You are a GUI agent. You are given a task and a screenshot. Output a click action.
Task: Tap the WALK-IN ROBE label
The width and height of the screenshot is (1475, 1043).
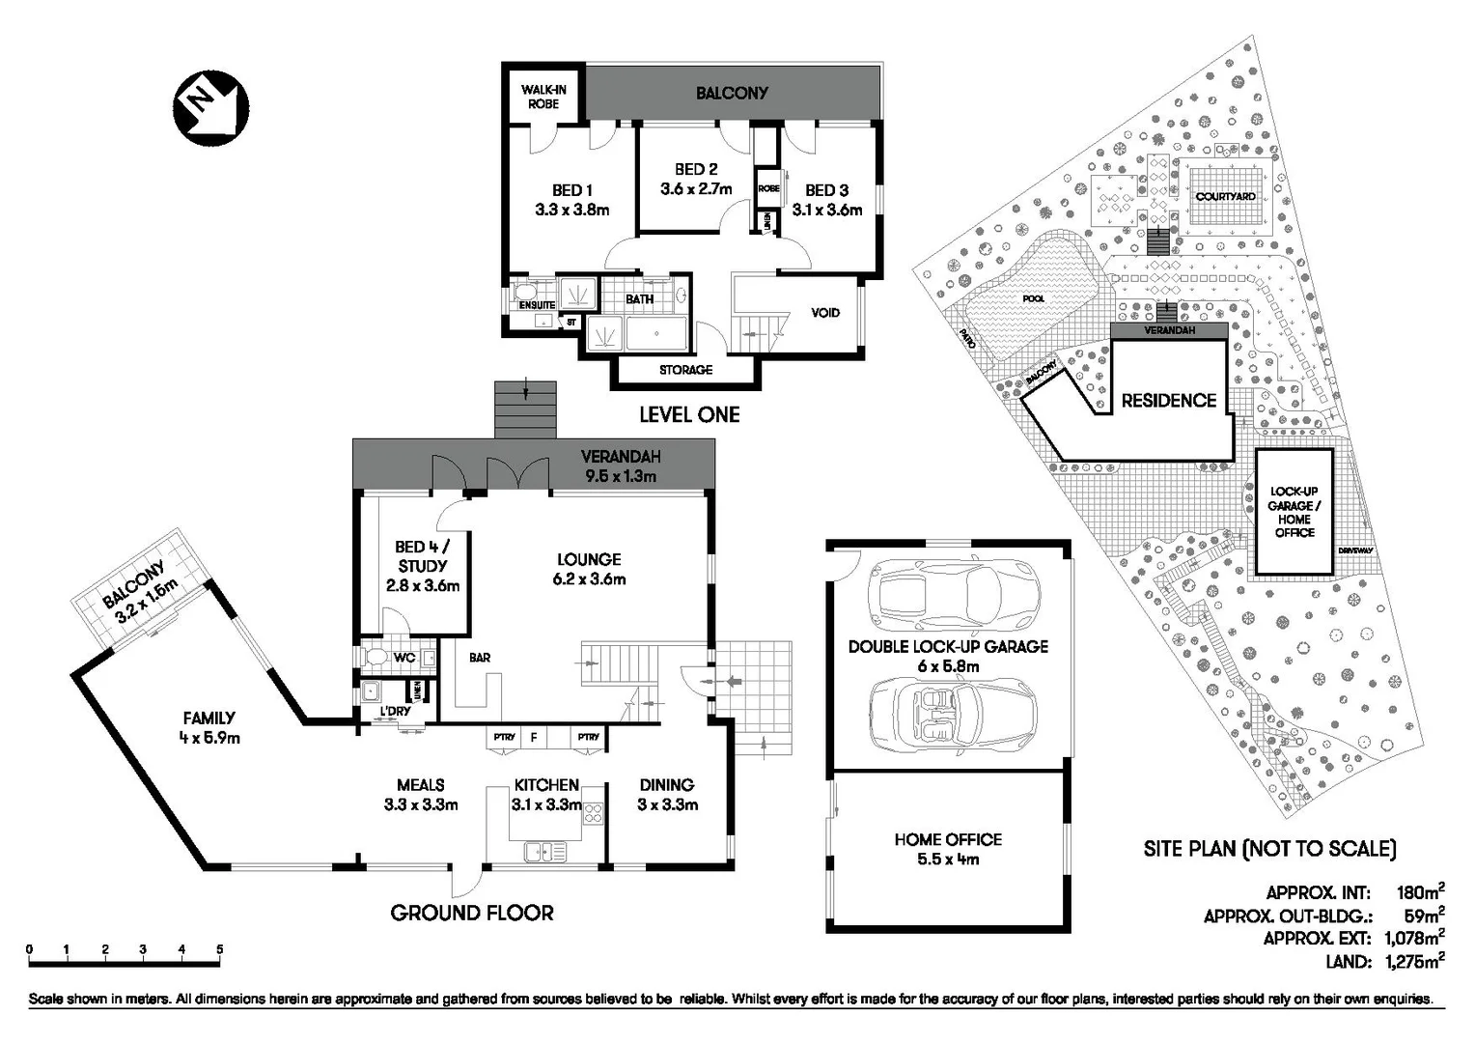(x=543, y=97)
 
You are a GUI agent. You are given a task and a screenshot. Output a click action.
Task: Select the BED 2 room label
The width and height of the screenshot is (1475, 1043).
(x=695, y=180)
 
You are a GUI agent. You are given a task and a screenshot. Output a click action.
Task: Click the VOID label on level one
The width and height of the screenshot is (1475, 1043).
(x=824, y=313)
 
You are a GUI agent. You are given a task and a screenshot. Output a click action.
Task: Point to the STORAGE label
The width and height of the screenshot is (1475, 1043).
(x=685, y=370)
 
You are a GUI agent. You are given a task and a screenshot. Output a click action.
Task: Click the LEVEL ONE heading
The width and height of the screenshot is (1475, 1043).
(x=689, y=415)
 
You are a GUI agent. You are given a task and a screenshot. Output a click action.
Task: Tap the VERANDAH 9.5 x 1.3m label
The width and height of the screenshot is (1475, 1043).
(x=620, y=466)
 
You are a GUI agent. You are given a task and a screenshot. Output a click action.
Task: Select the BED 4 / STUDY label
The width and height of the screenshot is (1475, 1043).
(x=422, y=566)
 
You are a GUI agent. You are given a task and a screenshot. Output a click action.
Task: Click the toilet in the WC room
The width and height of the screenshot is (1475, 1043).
(x=376, y=658)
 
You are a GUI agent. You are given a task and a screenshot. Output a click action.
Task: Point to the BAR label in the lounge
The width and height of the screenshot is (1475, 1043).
(x=480, y=658)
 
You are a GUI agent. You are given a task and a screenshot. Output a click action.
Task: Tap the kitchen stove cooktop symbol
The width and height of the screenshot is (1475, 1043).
(x=593, y=812)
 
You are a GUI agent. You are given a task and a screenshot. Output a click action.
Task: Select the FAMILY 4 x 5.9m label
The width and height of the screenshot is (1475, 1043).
(x=209, y=727)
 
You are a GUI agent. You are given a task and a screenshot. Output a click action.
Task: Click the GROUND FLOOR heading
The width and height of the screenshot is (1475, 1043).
(x=472, y=913)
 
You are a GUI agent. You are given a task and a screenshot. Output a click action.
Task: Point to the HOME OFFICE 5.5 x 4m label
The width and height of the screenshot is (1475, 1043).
(x=948, y=849)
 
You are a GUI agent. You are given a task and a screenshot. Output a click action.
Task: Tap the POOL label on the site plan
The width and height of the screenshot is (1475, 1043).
(x=1033, y=298)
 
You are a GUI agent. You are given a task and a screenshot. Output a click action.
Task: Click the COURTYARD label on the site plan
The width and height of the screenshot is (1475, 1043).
(x=1225, y=197)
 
